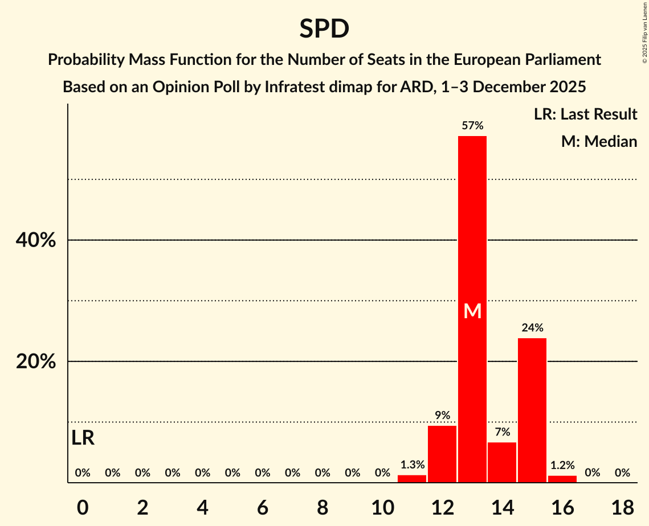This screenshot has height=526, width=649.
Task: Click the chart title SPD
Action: (324, 28)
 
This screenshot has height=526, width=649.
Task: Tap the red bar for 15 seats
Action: (532, 410)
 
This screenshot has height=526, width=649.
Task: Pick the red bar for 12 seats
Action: (442, 454)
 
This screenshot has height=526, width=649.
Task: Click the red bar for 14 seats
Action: (502, 462)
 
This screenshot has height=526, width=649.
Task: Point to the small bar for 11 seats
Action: (412, 479)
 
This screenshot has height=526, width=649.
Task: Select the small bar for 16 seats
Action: (562, 479)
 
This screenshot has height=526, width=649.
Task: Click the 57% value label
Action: (472, 126)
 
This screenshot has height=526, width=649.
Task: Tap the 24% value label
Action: (532, 328)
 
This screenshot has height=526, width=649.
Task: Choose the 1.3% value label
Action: (412, 465)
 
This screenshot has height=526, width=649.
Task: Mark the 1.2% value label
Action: (562, 465)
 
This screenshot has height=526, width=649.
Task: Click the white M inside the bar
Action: (472, 311)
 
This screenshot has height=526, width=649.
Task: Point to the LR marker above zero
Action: (83, 438)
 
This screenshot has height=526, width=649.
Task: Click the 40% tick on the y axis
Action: (36, 240)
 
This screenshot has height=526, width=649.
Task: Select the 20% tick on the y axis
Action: (36, 361)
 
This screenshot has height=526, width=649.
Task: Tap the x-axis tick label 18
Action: (622, 507)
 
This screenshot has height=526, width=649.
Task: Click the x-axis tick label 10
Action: (382, 507)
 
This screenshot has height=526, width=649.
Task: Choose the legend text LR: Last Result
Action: (585, 114)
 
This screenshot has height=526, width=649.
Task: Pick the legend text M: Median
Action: (599, 141)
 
